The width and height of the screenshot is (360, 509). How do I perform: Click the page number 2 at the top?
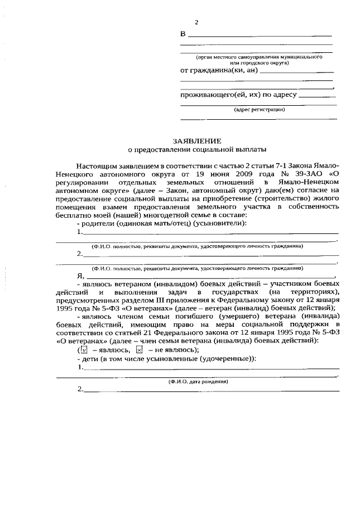click(x=196, y=22)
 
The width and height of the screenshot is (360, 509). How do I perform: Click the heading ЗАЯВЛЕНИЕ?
click(x=196, y=140)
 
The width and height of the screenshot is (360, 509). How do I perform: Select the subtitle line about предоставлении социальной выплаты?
click(x=196, y=150)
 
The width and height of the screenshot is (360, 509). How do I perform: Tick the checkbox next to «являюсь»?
click(x=84, y=349)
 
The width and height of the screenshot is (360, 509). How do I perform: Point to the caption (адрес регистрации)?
click(x=259, y=110)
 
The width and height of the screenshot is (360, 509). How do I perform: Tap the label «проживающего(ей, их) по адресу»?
click(x=238, y=94)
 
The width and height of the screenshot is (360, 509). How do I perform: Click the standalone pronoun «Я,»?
click(x=80, y=276)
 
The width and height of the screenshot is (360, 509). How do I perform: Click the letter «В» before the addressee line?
click(x=183, y=34)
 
